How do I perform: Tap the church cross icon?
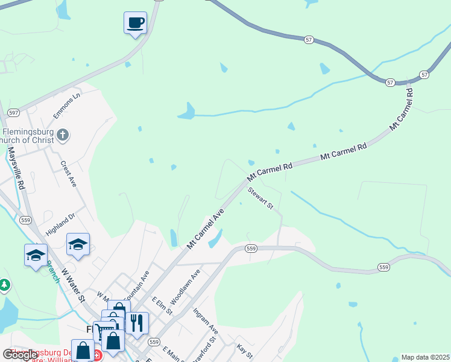(63, 135)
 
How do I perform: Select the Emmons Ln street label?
(67, 105)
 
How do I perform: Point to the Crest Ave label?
(68, 174)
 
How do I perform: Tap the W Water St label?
(72, 289)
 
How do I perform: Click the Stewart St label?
(261, 198)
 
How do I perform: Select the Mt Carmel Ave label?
(206, 229)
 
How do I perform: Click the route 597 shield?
(14, 112)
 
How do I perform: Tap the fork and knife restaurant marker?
(136, 323)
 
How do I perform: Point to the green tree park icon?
(4, 284)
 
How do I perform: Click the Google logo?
(20, 355)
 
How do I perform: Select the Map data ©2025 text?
(425, 357)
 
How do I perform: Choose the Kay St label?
(244, 350)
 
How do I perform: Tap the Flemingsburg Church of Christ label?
(29, 136)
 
